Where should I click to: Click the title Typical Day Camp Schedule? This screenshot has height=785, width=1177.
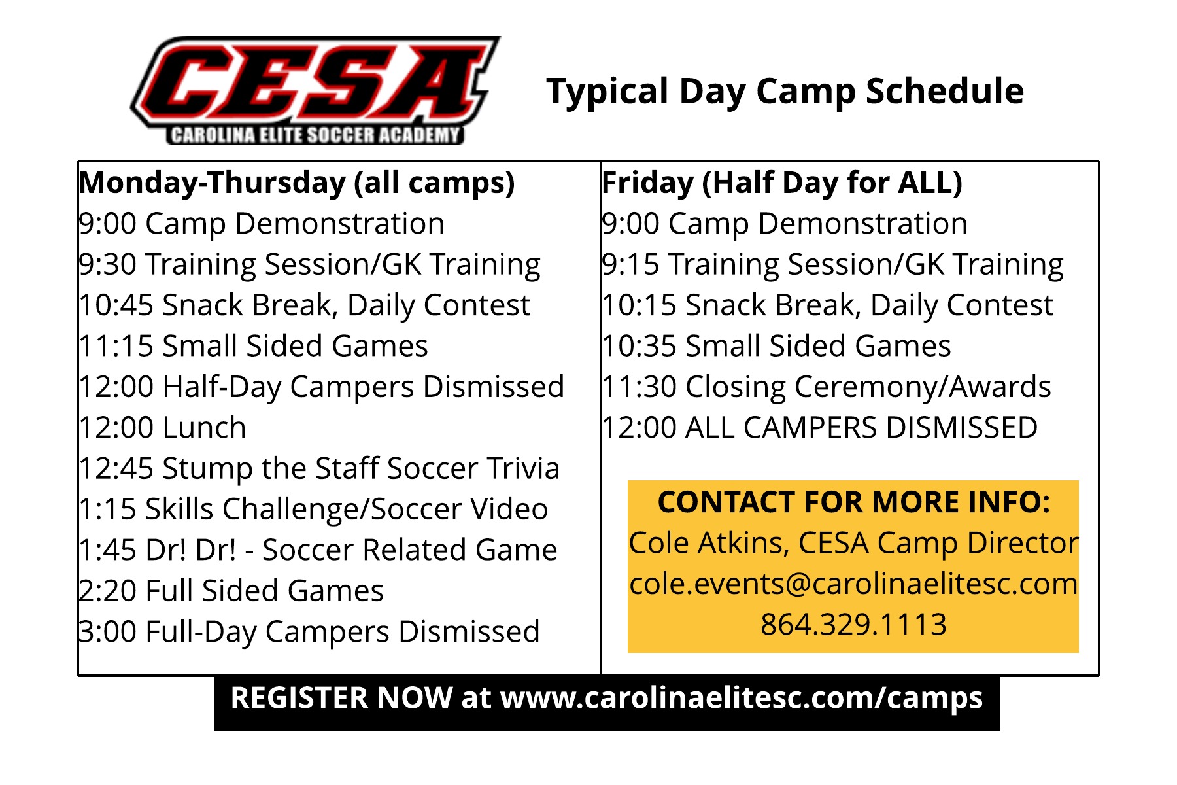pos(785,92)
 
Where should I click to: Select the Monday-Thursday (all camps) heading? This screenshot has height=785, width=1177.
pos(297,183)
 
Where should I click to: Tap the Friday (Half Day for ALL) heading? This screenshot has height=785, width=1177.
pos(782,183)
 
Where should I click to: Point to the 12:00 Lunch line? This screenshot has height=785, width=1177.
pos(162,428)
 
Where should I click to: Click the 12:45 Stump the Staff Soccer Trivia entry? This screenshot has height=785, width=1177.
pos(319,469)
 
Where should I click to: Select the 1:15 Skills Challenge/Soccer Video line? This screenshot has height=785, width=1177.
pos(313,510)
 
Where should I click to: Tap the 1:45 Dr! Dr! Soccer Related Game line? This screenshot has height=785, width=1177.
pos(318,550)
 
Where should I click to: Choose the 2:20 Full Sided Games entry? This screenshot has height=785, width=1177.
pos(231,591)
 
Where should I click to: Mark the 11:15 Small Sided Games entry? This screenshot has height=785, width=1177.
pos(253,346)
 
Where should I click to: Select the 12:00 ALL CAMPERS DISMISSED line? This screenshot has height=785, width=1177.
pos(819,428)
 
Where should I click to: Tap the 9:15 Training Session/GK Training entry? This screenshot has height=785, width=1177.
pos(832,265)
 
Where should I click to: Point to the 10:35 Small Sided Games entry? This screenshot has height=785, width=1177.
pos(776,346)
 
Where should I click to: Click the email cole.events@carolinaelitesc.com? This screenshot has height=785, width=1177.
pos(853,584)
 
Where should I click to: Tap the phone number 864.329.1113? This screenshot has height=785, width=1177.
pos(853,625)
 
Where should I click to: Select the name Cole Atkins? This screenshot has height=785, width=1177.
pos(708,544)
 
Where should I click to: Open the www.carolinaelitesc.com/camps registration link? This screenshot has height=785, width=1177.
pos(742,699)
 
